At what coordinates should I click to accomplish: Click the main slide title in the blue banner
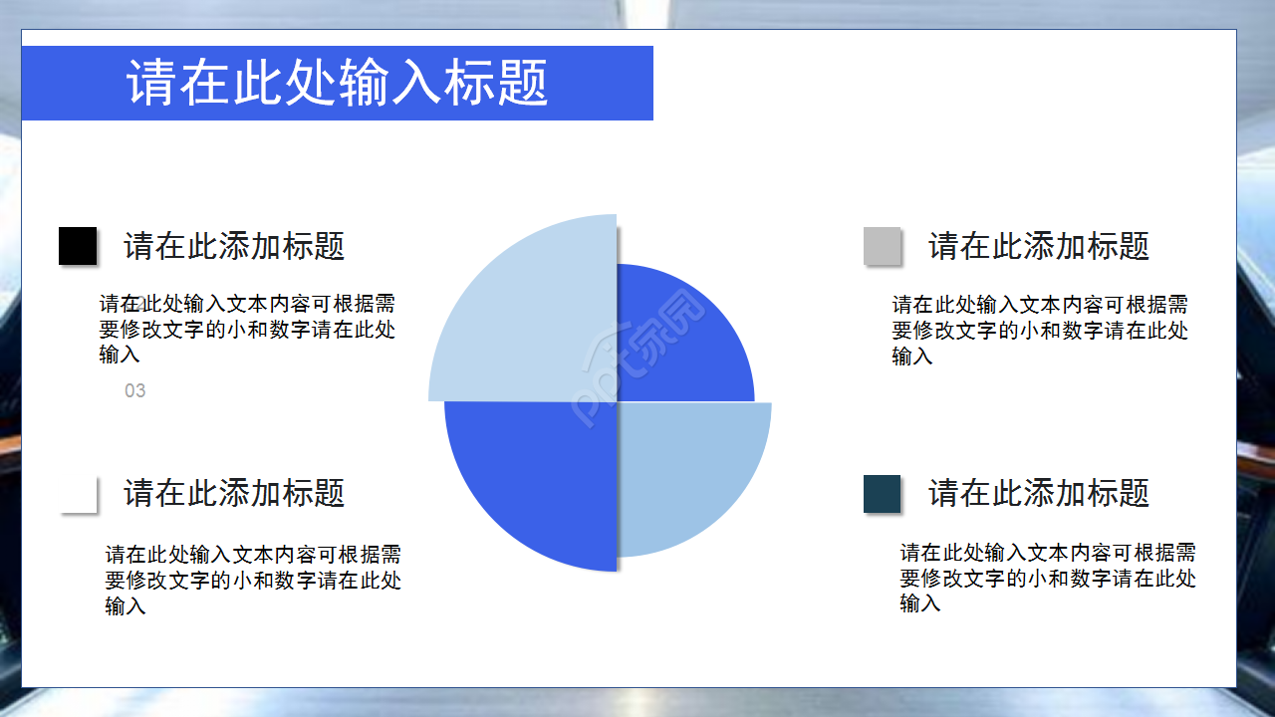pos(337,83)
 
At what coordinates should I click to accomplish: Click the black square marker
pos(78,246)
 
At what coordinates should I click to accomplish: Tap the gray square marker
pos(882,246)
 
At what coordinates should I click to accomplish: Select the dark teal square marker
pos(882,494)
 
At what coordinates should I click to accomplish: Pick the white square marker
pos(79,495)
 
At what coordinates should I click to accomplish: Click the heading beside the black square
pos(234,246)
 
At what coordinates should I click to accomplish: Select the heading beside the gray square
pos(1039,246)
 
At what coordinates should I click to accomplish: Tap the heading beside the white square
pos(234,493)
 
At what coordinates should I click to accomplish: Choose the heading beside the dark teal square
pos(1039,493)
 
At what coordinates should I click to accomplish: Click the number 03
pos(135,391)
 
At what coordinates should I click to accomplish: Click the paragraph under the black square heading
pos(247,329)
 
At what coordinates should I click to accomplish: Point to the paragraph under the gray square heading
pos(1040,330)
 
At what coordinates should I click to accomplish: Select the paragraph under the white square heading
pos(253,580)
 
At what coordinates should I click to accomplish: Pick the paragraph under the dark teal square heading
pos(1048,578)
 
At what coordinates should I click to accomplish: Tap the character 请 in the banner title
pos(151,84)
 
